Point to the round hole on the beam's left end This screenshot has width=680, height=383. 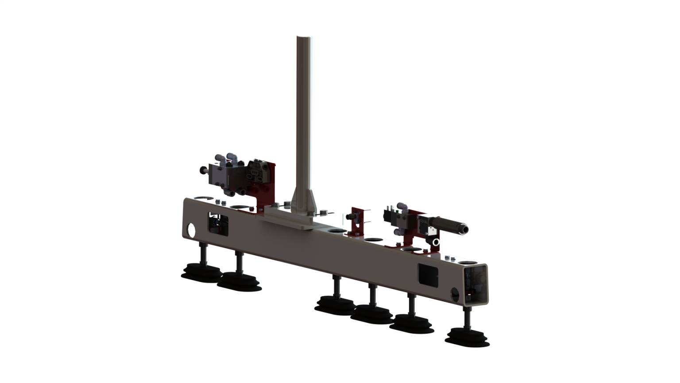(x=191, y=230)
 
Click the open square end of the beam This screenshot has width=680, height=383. (x=475, y=284)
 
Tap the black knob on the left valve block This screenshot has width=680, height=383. (x=203, y=170)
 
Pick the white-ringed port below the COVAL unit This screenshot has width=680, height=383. (x=436, y=242)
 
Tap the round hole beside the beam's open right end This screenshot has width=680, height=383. (x=454, y=293)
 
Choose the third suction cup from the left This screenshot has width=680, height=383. (x=335, y=305)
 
